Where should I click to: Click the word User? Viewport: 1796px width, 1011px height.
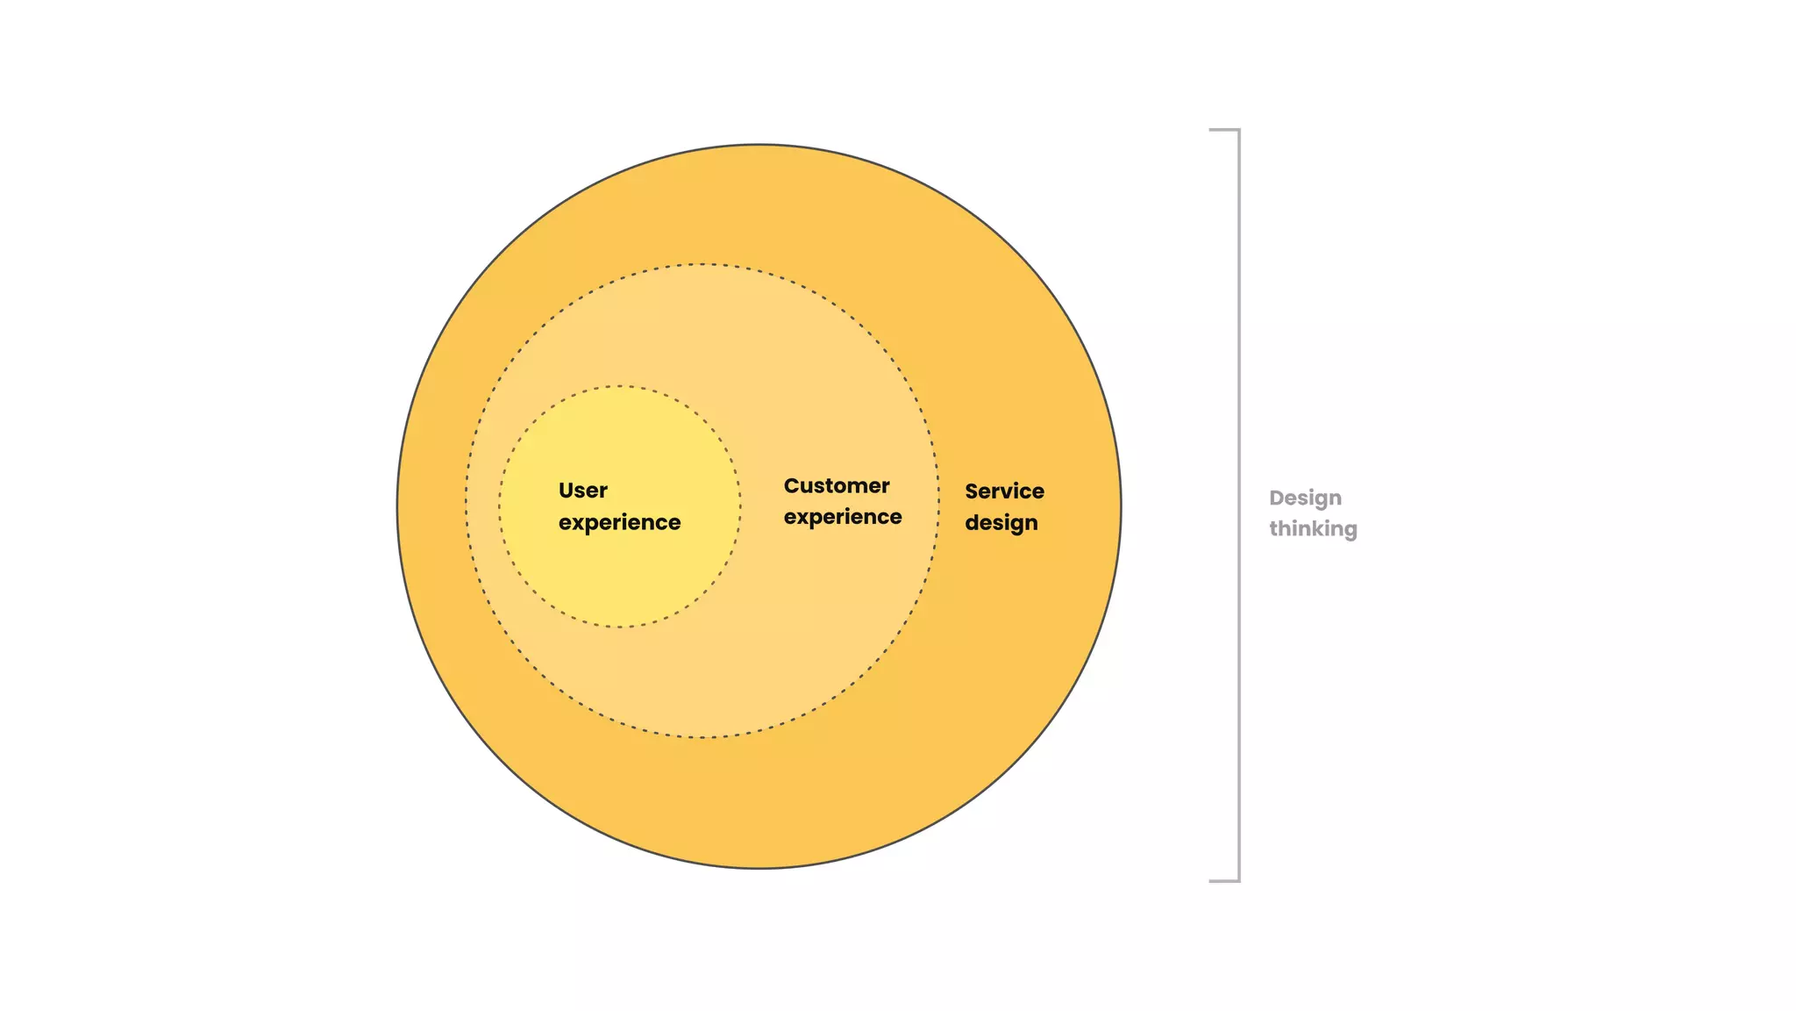582,491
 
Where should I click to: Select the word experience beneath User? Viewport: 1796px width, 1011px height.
619,522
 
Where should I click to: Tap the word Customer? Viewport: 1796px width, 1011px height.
836,485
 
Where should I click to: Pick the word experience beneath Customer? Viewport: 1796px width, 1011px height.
842,517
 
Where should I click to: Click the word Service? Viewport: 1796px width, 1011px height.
1004,491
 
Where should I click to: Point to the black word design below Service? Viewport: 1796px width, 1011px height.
1001,523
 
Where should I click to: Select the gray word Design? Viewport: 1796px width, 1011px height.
1305,498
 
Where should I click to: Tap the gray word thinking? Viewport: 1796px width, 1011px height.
1313,529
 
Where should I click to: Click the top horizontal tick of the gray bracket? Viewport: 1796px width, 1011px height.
1223,130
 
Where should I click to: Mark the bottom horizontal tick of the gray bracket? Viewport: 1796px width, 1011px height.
1223,880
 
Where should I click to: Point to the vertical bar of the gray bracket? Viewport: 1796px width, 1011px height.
1239,505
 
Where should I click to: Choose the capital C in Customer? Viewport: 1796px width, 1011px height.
792,485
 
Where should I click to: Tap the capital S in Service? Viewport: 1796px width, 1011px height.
973,491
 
